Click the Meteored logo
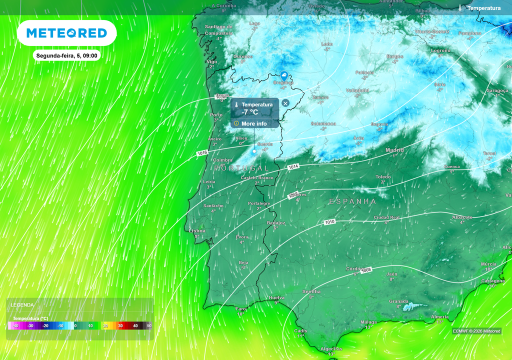click(x=66, y=33)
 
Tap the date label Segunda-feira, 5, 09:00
click(x=66, y=55)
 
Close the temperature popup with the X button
click(x=285, y=103)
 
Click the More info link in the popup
click(x=254, y=123)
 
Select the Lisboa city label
click(x=197, y=231)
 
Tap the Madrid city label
click(x=394, y=150)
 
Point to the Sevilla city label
click(x=311, y=291)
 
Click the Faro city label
click(x=241, y=309)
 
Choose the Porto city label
click(x=216, y=115)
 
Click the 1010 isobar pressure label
click(x=329, y=221)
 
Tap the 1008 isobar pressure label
click(x=366, y=270)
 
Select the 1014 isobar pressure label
click(x=293, y=166)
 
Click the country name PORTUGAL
click(x=241, y=168)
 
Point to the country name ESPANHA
click(x=352, y=201)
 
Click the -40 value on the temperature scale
click(x=16, y=325)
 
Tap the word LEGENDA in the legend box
click(x=22, y=304)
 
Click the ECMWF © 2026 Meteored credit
click(x=476, y=331)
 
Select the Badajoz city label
click(x=276, y=222)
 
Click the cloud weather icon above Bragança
click(x=284, y=75)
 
